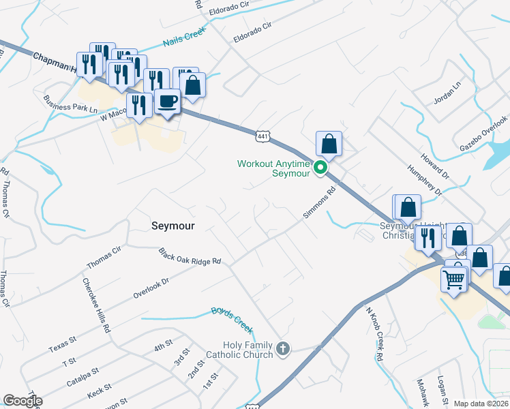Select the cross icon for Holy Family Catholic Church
click(x=283, y=350)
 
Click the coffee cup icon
click(x=167, y=102)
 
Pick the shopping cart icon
click(x=454, y=278)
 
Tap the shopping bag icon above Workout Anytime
click(x=329, y=145)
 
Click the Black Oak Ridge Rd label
click(x=190, y=256)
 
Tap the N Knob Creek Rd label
click(x=375, y=334)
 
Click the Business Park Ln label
click(x=70, y=103)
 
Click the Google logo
click(x=22, y=401)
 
